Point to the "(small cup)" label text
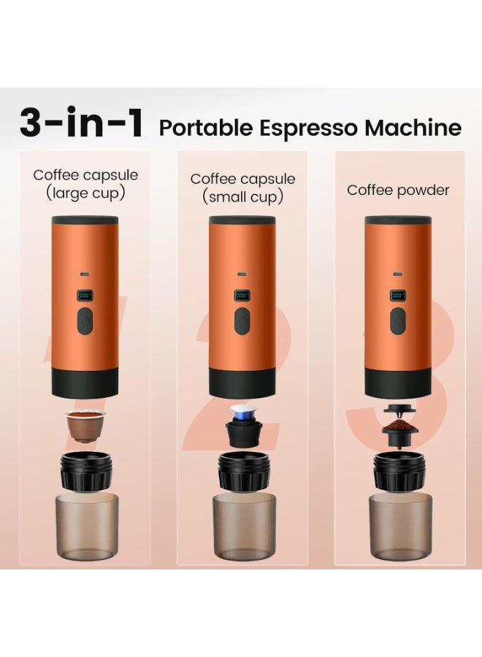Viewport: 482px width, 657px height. (242, 197)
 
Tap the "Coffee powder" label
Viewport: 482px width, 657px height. (398, 190)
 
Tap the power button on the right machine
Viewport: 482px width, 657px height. (398, 319)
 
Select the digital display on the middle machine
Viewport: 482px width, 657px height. (242, 296)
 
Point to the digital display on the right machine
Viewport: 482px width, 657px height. (398, 296)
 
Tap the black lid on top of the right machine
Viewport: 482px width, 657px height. (398, 220)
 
